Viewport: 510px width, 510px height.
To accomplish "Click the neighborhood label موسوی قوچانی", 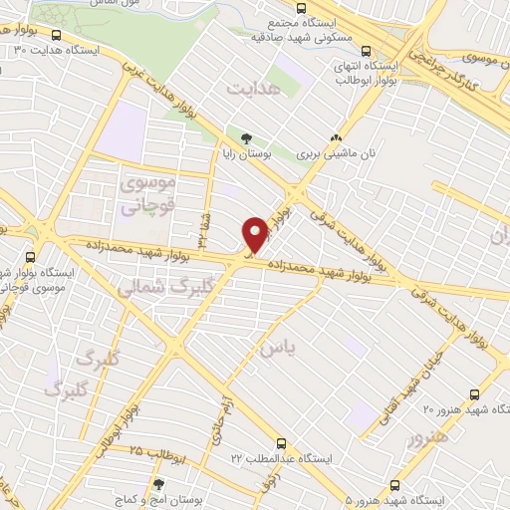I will pyautogui.click(x=147, y=195).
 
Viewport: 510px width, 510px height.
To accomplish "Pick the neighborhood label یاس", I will pyautogui.click(x=278, y=349).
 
